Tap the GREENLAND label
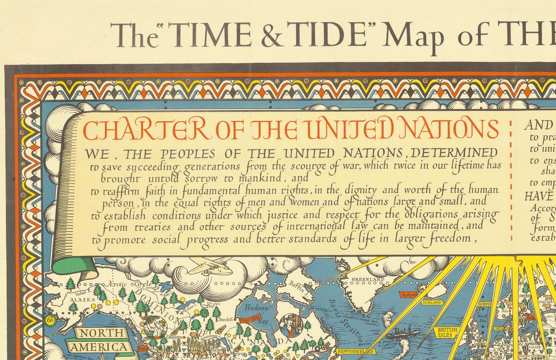click(x=368, y=280)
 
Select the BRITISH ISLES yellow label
click(x=446, y=332)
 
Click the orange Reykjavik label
click(x=409, y=295)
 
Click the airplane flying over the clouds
click(x=210, y=266)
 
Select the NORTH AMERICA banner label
click(x=100, y=340)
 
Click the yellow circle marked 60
click(x=50, y=320)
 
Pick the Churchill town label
click(x=227, y=321)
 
